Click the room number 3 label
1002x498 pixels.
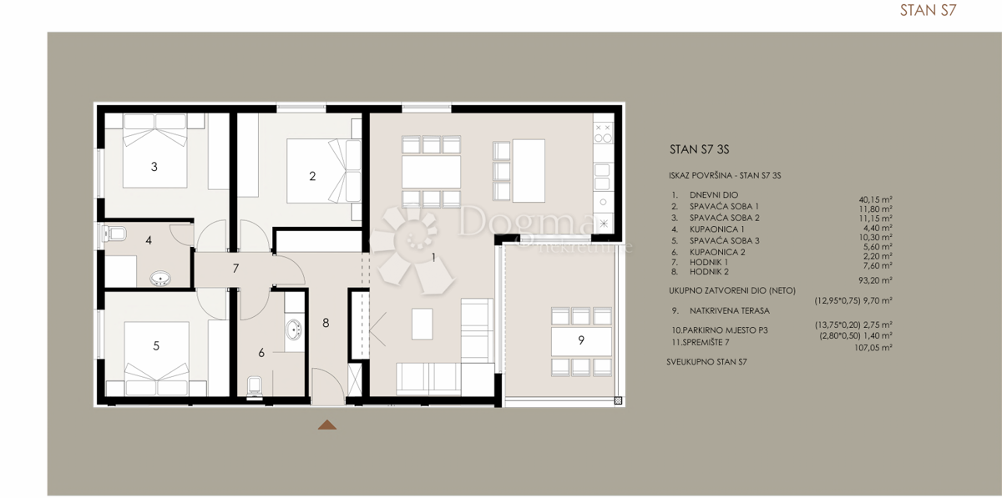(x=154, y=167)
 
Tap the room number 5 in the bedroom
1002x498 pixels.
(x=156, y=346)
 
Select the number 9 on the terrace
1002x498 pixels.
(x=580, y=340)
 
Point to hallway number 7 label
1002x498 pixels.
(x=236, y=269)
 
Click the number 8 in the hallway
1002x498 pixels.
(x=326, y=322)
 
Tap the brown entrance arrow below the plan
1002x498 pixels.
(x=327, y=425)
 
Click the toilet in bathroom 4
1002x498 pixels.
(x=115, y=234)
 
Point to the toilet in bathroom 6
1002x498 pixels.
(x=256, y=385)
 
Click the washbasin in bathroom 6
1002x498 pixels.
(x=293, y=331)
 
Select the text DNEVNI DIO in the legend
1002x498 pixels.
(x=713, y=194)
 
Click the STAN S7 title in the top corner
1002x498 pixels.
(x=927, y=11)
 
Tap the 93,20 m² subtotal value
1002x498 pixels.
(x=875, y=280)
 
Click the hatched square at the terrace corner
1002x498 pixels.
(x=618, y=401)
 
